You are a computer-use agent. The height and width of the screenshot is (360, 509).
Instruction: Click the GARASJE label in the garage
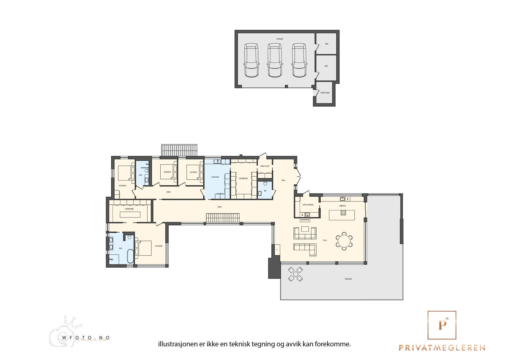[x=280, y=39]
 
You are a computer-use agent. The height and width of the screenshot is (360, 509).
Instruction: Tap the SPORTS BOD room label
[x=325, y=93]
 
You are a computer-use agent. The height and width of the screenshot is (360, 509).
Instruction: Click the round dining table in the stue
[x=344, y=241]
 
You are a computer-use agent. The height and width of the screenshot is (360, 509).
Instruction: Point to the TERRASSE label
[x=348, y=279]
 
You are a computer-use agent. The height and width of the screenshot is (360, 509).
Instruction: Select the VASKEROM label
[x=215, y=177]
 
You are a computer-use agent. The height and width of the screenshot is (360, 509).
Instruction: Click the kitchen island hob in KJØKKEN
[x=344, y=213]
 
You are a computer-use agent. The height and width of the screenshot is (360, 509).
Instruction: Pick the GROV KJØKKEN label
[x=308, y=205]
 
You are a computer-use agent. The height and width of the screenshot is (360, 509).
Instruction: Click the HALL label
[x=283, y=180]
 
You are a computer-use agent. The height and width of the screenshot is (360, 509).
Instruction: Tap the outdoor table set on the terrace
[x=296, y=274]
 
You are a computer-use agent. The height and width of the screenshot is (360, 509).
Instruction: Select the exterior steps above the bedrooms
[x=179, y=150]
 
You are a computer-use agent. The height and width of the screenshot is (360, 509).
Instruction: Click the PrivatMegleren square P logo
[x=442, y=325]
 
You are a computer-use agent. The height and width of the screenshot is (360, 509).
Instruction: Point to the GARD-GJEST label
[x=265, y=166]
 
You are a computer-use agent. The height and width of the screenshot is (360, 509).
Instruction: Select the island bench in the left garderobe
[x=130, y=214]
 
